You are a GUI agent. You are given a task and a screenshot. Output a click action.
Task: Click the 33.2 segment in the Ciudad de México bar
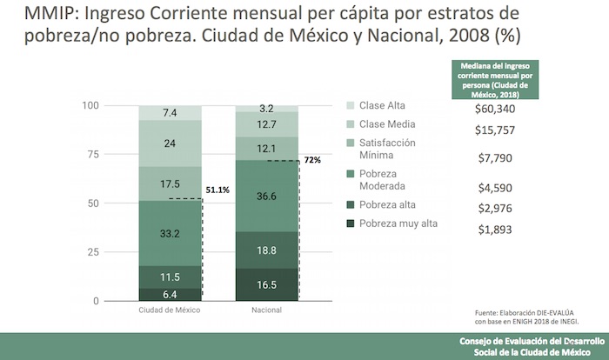coord(171,233)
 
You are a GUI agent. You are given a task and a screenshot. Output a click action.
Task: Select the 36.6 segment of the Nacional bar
coord(267,197)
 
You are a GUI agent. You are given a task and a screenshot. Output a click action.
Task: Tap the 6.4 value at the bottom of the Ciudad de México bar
coord(171,295)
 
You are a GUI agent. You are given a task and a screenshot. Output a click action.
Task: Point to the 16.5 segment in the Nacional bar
coord(267,284)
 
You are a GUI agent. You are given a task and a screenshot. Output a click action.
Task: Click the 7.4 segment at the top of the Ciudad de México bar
coord(171,113)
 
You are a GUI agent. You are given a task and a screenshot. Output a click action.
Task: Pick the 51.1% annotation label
coord(217,189)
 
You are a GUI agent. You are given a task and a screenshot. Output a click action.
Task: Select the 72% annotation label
coord(311,160)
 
